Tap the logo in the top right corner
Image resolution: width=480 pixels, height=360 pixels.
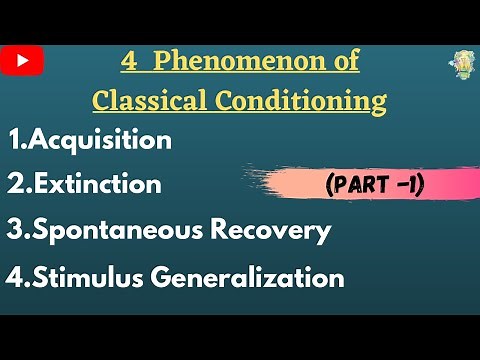[x=461, y=65]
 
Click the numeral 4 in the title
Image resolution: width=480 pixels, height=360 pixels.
[x=127, y=62]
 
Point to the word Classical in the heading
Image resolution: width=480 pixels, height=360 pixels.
[x=148, y=100]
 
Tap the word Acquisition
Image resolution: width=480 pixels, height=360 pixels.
[x=101, y=141]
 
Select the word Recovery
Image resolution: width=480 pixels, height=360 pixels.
[x=272, y=231]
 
